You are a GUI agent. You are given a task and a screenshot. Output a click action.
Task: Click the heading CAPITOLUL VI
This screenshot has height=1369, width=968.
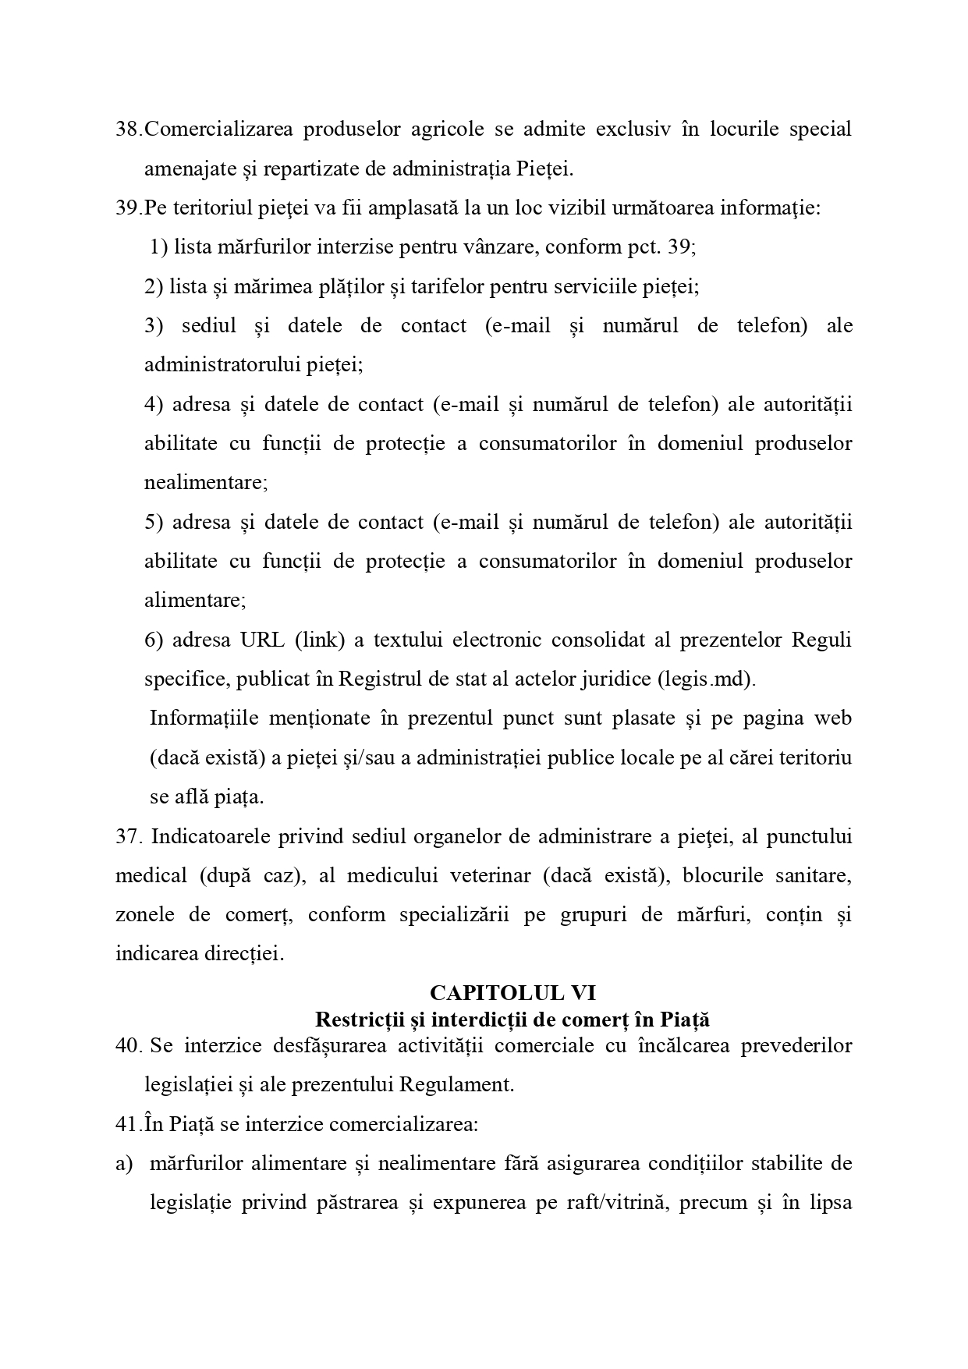(512, 992)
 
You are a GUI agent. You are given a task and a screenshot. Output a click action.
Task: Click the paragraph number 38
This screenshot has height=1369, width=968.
(127, 129)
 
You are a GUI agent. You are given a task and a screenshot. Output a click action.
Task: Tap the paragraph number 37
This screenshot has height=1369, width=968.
(127, 836)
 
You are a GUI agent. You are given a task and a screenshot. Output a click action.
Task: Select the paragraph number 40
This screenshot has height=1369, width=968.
(127, 1045)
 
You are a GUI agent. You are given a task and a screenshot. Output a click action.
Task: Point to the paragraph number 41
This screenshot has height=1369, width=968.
(127, 1124)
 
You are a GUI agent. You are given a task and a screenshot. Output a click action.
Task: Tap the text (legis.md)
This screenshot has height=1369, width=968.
(707, 679)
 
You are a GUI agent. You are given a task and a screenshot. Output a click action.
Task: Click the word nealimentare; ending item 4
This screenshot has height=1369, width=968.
(206, 482)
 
